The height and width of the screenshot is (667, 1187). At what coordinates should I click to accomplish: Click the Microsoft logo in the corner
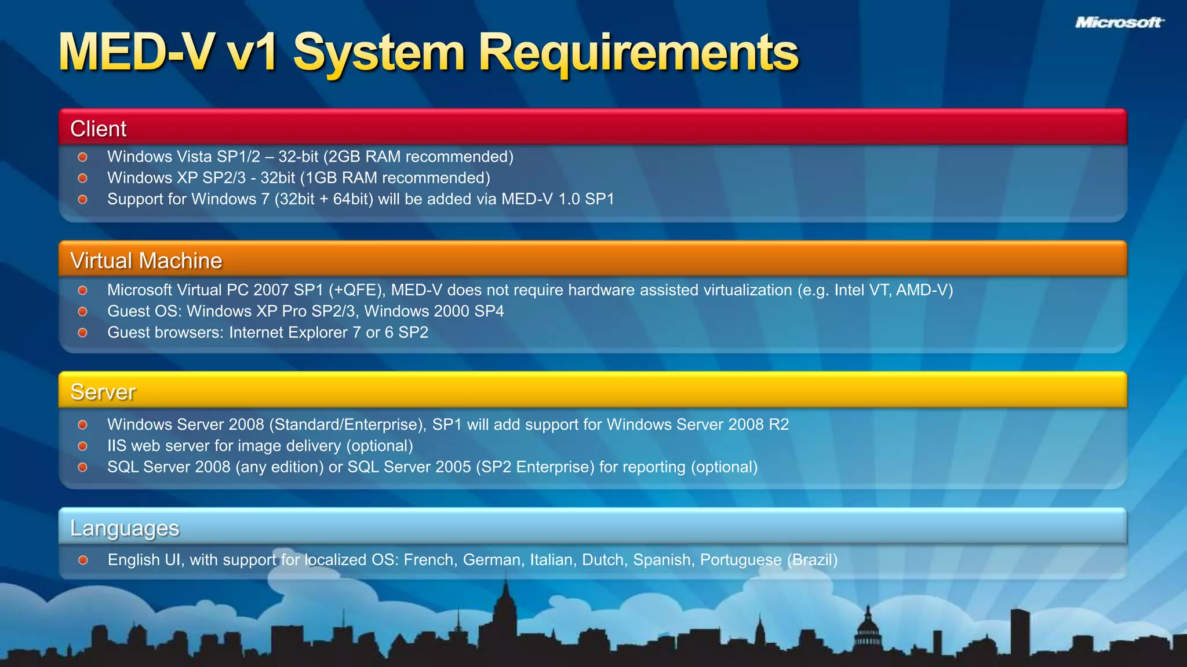[x=1119, y=23]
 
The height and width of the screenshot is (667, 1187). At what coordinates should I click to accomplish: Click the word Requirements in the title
[x=638, y=53]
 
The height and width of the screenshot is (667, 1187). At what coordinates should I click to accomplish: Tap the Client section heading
[x=98, y=129]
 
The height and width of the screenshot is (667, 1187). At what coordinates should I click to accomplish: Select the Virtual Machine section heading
[x=146, y=261]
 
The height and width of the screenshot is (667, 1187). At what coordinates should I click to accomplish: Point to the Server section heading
[x=103, y=392]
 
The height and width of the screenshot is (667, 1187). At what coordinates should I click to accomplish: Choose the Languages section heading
[x=125, y=528]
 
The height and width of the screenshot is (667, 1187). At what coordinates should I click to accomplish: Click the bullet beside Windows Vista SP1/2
[x=83, y=157]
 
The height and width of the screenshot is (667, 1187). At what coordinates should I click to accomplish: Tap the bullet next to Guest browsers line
[x=83, y=333]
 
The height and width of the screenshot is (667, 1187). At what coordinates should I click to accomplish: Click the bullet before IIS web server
[x=83, y=446]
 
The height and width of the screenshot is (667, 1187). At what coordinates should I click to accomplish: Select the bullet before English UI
[x=83, y=560]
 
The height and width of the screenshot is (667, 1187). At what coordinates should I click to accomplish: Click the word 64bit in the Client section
[x=352, y=199]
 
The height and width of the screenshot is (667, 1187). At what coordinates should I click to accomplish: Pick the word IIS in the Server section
[x=116, y=446]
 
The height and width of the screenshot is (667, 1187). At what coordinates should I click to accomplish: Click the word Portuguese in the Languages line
[x=740, y=560]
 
